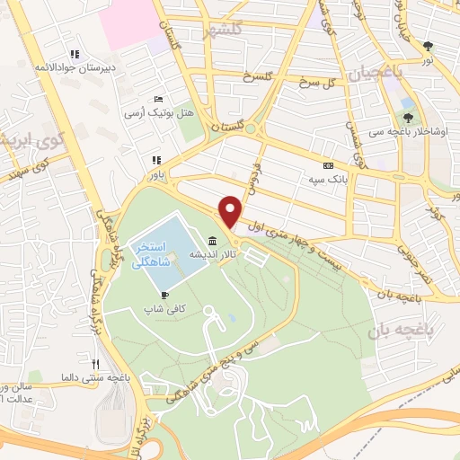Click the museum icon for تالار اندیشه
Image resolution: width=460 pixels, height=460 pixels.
tap(211, 241)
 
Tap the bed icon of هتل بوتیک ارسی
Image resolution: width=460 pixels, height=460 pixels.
tap(159, 99)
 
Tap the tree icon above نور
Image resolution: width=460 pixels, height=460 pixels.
tap(428, 46)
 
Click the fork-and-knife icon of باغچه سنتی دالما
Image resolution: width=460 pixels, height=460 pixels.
tap(95, 363)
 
